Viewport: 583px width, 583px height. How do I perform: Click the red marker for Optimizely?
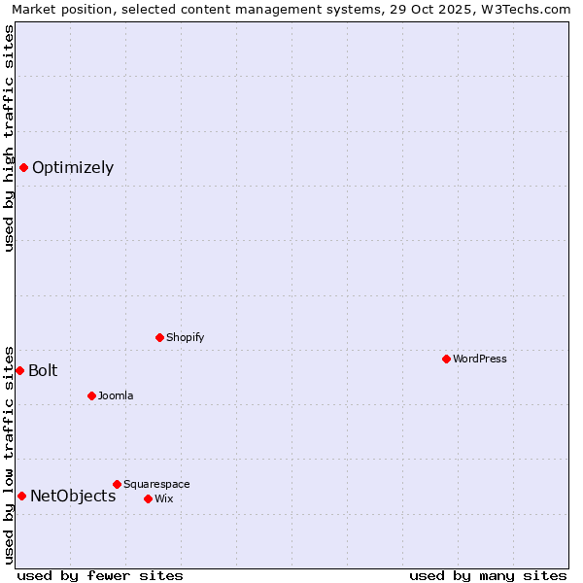click(x=23, y=167)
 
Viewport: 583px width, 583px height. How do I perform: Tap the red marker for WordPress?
click(x=446, y=359)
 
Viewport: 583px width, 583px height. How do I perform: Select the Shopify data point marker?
click(x=159, y=337)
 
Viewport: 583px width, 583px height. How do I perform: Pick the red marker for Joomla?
click(x=91, y=395)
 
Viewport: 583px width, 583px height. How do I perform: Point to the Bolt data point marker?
click(x=19, y=370)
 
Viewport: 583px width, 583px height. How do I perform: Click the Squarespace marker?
click(x=117, y=484)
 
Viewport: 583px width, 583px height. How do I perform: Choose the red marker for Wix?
click(x=148, y=498)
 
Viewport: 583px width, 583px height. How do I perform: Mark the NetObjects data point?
click(x=21, y=496)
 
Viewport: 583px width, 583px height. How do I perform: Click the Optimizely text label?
click(x=73, y=167)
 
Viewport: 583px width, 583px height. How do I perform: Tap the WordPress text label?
click(x=480, y=359)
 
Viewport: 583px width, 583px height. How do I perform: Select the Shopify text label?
click(x=185, y=337)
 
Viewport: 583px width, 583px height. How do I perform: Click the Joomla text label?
click(x=116, y=395)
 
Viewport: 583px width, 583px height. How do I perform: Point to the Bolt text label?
click(x=43, y=370)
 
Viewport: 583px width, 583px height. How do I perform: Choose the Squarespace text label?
click(x=156, y=484)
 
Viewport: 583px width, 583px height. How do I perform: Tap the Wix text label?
click(x=163, y=498)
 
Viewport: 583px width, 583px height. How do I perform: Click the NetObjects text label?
click(x=73, y=496)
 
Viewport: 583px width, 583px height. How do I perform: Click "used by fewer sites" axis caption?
click(x=100, y=575)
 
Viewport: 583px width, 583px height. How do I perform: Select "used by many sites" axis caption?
click(x=488, y=575)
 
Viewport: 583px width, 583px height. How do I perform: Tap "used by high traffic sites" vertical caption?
click(x=9, y=138)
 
